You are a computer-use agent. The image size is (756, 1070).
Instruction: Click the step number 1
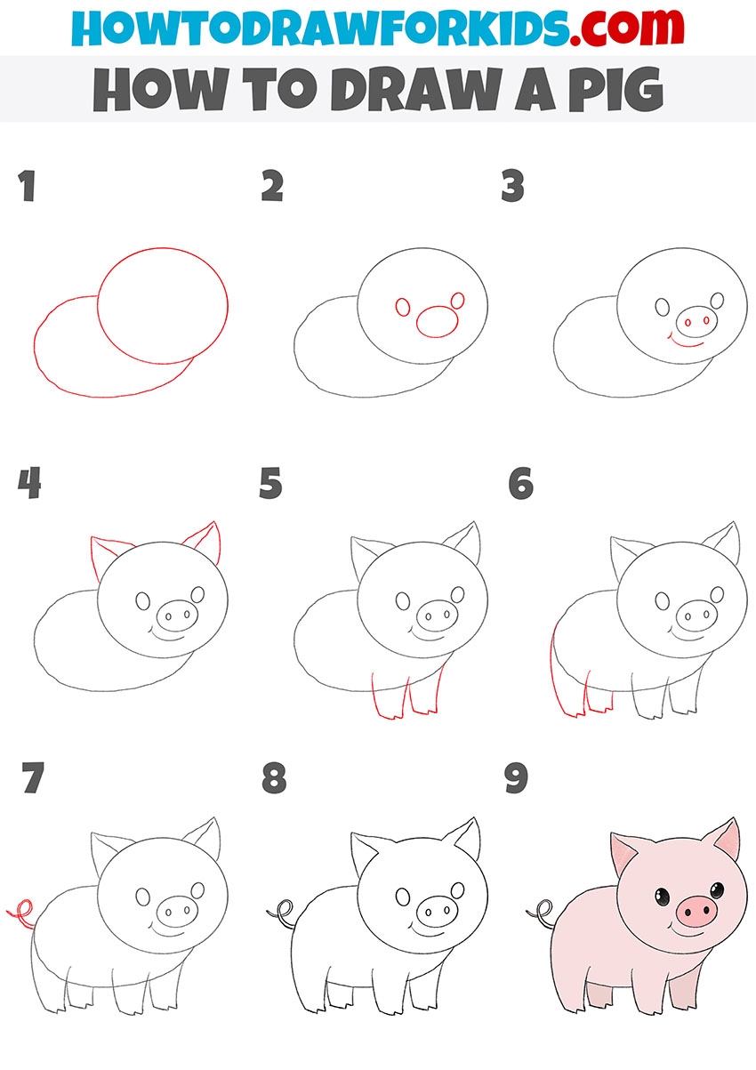point(28,186)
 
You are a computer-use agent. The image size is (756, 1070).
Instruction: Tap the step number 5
point(270,483)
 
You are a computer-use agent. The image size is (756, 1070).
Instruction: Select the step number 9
point(516,777)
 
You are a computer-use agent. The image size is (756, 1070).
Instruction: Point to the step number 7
point(33,777)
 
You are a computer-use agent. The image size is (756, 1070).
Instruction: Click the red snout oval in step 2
point(438,321)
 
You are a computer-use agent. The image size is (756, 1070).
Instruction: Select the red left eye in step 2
point(403,307)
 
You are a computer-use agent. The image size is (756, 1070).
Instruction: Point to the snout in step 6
point(696,615)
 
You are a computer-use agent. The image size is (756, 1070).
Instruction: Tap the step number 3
point(513,186)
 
